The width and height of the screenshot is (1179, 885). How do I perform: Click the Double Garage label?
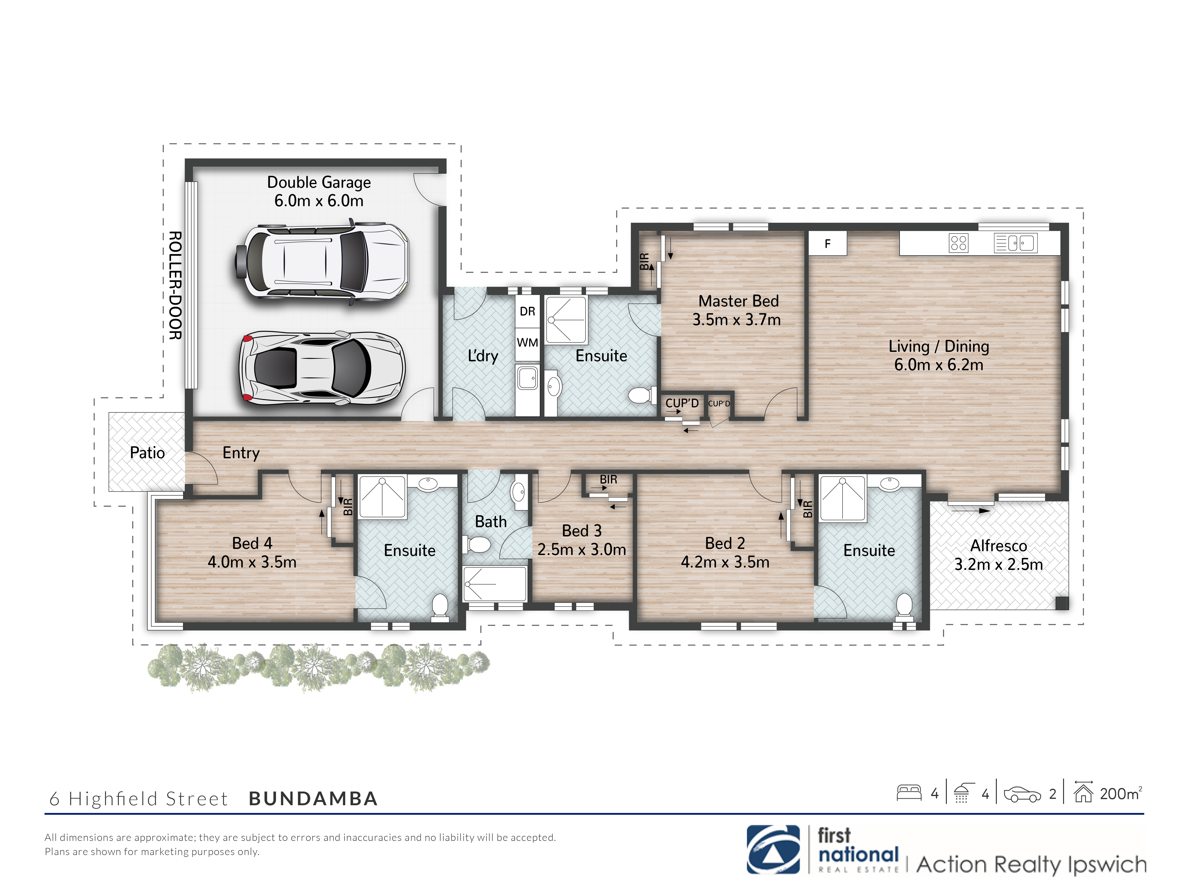coord(319,182)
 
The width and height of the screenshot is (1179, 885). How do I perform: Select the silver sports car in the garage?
coord(321,367)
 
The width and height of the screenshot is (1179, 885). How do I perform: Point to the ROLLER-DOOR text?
coord(175,285)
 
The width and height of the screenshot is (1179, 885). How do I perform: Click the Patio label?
coord(147,453)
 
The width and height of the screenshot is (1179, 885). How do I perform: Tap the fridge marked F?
coord(827,244)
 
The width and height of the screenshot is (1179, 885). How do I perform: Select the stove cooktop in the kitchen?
coord(958,243)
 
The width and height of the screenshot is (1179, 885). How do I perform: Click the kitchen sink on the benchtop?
coord(1015,243)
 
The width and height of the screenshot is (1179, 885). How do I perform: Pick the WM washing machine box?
coord(527,342)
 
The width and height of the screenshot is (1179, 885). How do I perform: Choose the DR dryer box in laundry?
coord(527,312)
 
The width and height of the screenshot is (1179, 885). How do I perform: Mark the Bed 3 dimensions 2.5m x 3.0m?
coord(581,549)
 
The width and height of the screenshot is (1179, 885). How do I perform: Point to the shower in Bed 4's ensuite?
coord(382,497)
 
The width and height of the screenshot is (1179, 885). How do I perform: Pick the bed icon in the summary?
coord(909,793)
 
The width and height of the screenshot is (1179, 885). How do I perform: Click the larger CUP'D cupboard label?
coord(682,403)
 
